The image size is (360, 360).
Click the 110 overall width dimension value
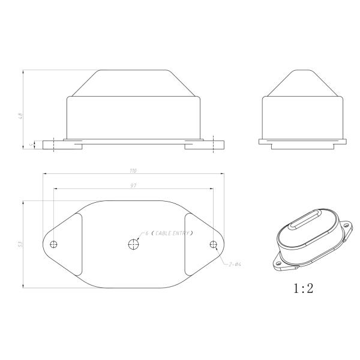[x=133, y=170]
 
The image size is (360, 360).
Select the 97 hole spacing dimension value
[x=133, y=185]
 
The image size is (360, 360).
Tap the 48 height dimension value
[x=20, y=116]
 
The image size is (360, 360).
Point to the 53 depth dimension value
[x=20, y=244]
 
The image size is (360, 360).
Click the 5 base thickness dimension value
[x=31, y=145]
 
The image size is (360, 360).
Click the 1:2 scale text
[x=303, y=288]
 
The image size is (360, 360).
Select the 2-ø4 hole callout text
[x=235, y=264]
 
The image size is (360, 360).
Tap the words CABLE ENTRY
[x=172, y=233]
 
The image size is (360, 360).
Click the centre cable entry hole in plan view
[x=133, y=244]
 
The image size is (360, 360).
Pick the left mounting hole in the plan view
[x=53, y=244]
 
